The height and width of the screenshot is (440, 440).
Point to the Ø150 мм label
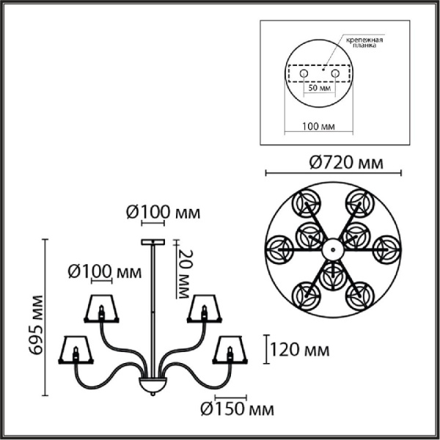234,409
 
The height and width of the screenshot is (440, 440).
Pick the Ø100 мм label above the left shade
103,272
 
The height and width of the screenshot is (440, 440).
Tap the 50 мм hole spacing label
318,87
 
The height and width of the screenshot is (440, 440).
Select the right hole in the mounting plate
335,74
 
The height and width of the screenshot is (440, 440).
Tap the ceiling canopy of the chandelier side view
153,242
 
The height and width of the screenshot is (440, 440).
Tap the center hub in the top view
332,251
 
